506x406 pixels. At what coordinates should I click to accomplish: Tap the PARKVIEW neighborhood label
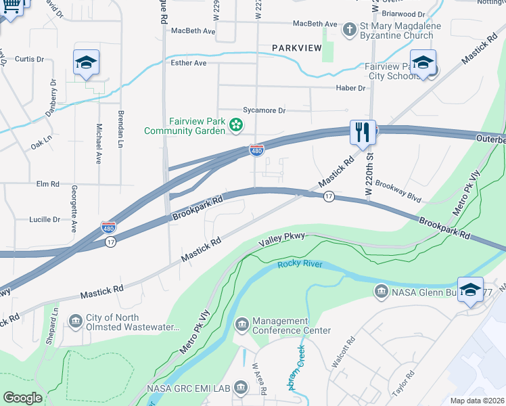[298, 48]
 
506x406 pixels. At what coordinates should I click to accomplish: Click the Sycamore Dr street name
[264, 110]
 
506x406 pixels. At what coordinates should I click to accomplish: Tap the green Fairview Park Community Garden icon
[236, 124]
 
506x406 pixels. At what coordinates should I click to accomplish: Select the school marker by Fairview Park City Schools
[423, 64]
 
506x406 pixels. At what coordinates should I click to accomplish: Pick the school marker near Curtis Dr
[86, 63]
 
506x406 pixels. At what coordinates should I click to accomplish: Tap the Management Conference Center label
[291, 325]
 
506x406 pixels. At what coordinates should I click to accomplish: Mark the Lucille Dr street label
[45, 219]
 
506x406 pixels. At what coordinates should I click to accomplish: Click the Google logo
[22, 398]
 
